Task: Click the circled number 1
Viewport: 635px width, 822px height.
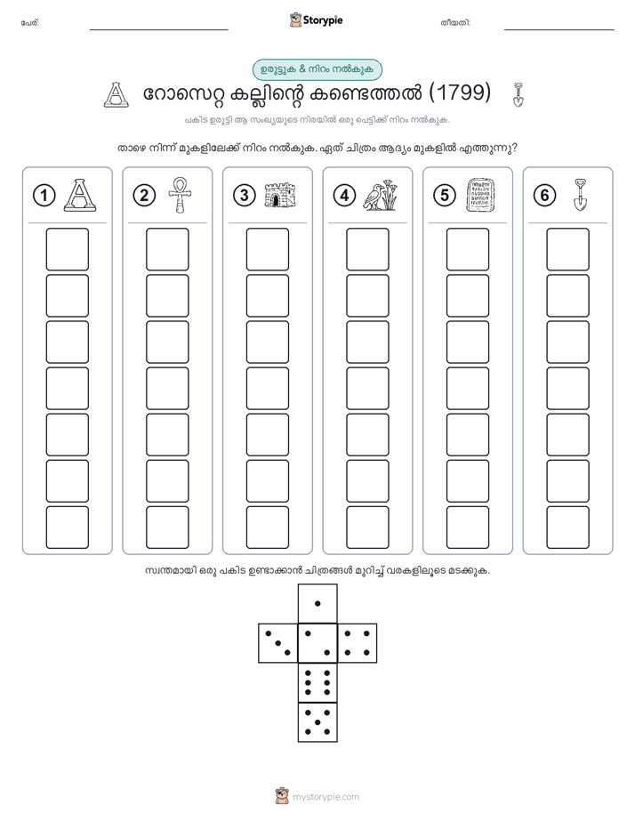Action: click(44, 196)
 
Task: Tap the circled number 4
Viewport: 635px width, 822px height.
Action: click(344, 196)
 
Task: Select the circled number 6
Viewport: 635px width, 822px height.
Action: click(544, 196)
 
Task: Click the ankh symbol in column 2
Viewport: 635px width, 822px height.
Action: click(180, 195)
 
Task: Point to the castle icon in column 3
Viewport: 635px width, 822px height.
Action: click(280, 195)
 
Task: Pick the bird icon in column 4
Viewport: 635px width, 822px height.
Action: click(381, 195)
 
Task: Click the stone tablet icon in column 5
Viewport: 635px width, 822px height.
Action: click(480, 195)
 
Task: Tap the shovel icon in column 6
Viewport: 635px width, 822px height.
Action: click(580, 195)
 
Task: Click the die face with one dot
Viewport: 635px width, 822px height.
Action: click(317, 603)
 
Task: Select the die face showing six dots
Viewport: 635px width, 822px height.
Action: click(317, 682)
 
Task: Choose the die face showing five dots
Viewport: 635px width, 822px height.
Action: click(317, 722)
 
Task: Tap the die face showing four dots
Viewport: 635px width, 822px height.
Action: click(358, 643)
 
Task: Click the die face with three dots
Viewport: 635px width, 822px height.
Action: click(277, 643)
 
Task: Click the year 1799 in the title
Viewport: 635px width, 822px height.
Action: click(460, 93)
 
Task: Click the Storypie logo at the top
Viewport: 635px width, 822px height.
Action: click(316, 20)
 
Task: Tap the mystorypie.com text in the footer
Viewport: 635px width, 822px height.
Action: click(326, 797)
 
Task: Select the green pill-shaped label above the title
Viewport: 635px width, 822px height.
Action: click(317, 69)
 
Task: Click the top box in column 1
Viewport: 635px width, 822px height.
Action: click(67, 249)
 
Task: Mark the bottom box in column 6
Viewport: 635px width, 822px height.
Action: click(568, 528)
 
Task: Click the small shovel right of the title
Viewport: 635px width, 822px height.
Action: click(518, 94)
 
